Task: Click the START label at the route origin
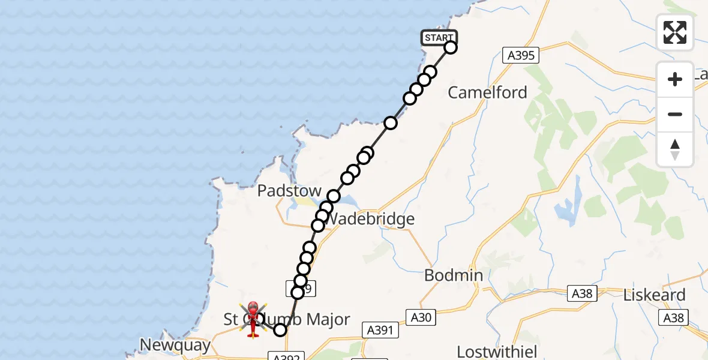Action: (439, 38)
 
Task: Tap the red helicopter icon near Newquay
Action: (253, 318)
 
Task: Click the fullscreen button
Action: (675, 32)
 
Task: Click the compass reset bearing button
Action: (675, 149)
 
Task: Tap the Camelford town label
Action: (487, 92)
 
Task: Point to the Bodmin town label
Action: (454, 275)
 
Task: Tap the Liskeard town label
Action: (654, 295)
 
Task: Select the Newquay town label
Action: (175, 345)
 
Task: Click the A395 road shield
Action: (520, 56)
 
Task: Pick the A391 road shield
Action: (380, 329)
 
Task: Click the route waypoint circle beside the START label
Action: (451, 47)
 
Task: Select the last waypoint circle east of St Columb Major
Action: (280, 329)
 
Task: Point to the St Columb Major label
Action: (287, 319)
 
